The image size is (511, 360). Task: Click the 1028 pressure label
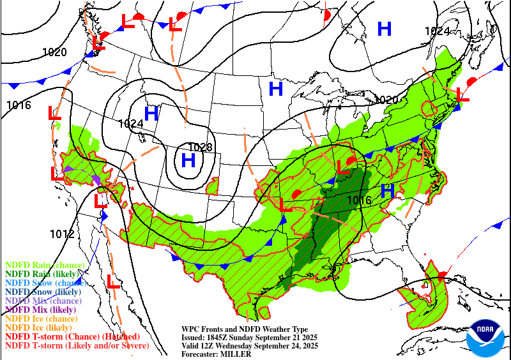[x=200, y=147]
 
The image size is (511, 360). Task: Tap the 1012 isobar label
[x=62, y=234]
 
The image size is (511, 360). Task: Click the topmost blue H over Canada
[x=384, y=29]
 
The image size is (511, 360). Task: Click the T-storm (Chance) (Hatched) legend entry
[x=72, y=336]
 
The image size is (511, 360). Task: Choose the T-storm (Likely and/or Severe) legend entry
[x=77, y=345]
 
